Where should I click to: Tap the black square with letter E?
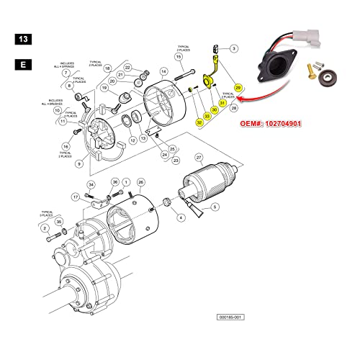[22, 64]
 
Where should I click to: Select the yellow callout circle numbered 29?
[238, 87]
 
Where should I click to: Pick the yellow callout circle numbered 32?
[199, 123]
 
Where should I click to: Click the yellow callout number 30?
[214, 110]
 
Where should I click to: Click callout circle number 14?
[163, 71]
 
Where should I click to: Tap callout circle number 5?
[213, 207]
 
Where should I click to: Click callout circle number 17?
[76, 197]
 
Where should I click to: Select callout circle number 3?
[235, 48]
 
